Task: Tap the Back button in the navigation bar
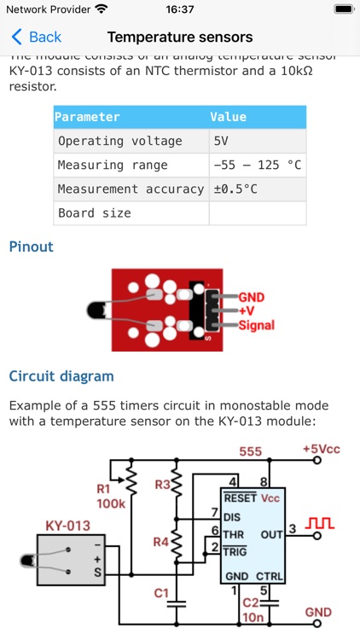coord(37,37)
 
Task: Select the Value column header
coord(229,117)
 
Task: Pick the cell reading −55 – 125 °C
coord(257,165)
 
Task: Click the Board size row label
coord(95,212)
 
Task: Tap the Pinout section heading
coord(32,247)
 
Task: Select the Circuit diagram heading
coord(61,375)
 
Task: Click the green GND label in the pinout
coord(252,298)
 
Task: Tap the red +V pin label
coord(247,311)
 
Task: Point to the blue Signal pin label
coord(256,325)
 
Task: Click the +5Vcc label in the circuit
coord(322,449)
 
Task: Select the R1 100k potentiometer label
coord(110,497)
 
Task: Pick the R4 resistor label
coord(161,541)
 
